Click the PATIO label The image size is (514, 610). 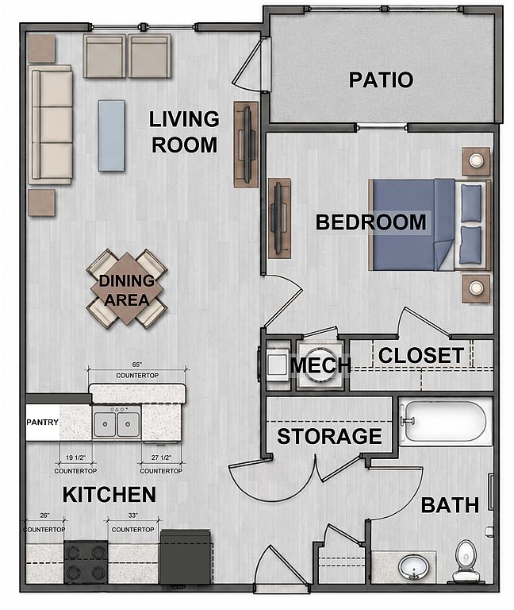(381, 79)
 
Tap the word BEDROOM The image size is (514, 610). (370, 222)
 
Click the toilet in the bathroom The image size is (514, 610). (465, 561)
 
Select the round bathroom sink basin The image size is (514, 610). (414, 568)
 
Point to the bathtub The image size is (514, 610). (446, 421)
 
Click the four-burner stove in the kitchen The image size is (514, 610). (86, 562)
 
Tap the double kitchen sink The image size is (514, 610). (117, 424)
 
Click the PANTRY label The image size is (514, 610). (42, 422)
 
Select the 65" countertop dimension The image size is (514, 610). (137, 365)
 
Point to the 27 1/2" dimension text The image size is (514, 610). (161, 457)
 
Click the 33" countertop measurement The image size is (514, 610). (133, 515)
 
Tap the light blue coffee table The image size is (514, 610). (112, 135)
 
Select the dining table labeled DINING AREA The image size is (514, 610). (127, 289)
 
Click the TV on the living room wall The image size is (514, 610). (247, 145)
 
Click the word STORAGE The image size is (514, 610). (329, 437)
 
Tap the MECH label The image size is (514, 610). (320, 365)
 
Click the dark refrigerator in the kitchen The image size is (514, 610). (186, 556)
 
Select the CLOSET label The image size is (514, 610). (420, 355)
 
